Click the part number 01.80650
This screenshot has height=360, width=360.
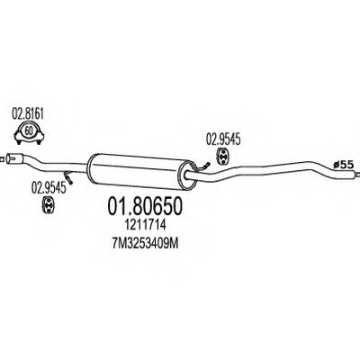click(145, 206)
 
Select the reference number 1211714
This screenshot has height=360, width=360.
click(145, 225)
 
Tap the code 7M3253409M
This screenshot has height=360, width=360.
click(145, 244)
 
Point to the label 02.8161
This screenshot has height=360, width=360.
click(28, 114)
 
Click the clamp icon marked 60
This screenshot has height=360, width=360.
click(29, 132)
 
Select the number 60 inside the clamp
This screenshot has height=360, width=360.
click(29, 130)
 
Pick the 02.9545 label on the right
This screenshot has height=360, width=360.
click(223, 140)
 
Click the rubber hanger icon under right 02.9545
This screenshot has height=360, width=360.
click(222, 156)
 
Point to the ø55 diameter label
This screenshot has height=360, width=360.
click(344, 164)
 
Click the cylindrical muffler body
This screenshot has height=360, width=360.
click(141, 172)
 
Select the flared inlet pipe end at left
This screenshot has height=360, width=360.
click(15, 158)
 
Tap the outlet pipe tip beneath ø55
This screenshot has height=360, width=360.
click(357, 175)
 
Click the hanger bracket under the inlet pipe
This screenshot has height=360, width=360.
click(68, 177)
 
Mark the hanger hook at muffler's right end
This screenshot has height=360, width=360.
click(204, 166)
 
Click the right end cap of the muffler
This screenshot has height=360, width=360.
click(186, 175)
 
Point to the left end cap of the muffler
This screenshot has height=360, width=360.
click(92, 166)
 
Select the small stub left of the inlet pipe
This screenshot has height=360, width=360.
click(3, 158)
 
